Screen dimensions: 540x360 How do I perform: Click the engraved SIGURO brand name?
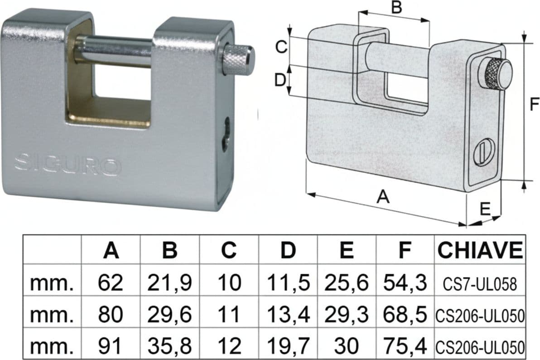coord(68,165)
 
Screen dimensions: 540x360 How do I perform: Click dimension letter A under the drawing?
coord(383,197)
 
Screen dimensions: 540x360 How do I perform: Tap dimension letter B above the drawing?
coord(397,7)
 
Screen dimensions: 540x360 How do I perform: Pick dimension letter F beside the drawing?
coord(534,104)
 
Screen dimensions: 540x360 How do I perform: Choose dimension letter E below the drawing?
coord(485,209)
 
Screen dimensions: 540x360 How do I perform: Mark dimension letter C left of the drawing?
coord(281,47)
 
